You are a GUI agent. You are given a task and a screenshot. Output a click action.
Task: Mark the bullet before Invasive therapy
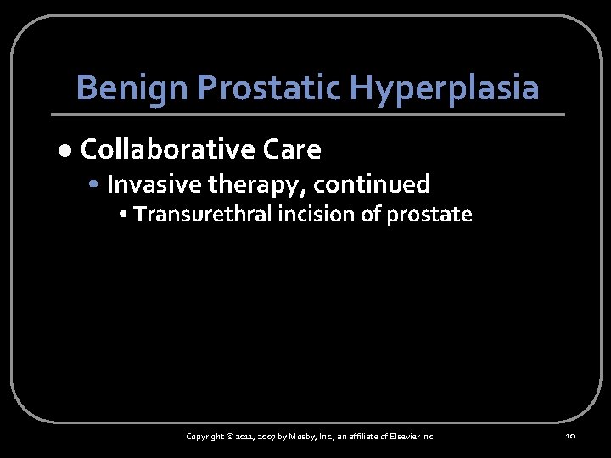pos(99,184)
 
